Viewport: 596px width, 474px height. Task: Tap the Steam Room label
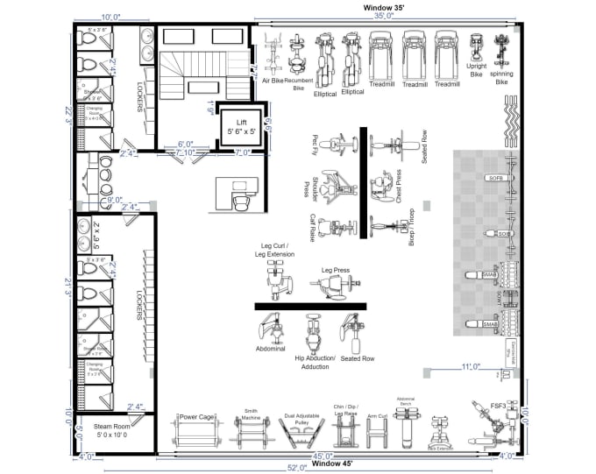tap(110, 430)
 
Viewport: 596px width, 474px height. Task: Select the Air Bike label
tap(273, 80)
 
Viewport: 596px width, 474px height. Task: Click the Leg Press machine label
tap(335, 271)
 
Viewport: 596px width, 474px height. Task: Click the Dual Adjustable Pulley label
tap(298, 419)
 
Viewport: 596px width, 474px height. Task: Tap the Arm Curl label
tap(378, 418)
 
